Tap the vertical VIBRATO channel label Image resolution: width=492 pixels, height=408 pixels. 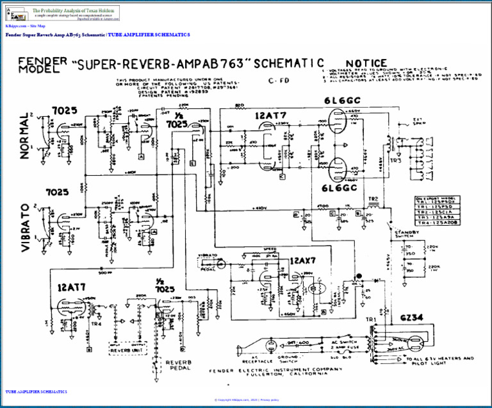click(x=26, y=228)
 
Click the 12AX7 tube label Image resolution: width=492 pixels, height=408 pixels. click(x=303, y=262)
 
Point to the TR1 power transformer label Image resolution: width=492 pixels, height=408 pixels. click(x=371, y=319)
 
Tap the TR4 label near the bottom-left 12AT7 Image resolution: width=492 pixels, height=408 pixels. click(x=96, y=323)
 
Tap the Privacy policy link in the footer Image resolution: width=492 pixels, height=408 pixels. click(x=269, y=400)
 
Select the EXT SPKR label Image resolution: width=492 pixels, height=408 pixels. click(x=418, y=121)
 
